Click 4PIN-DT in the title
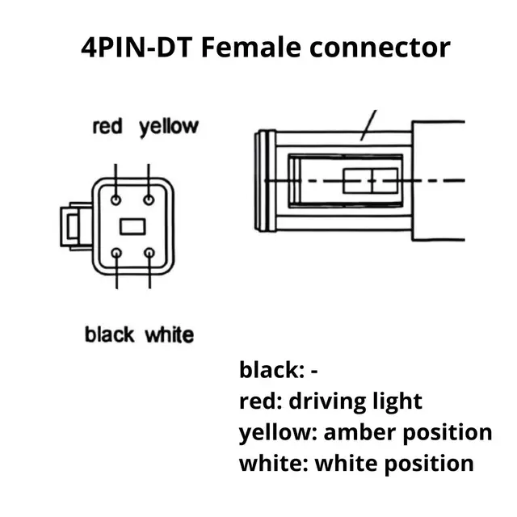pyautogui.click(x=136, y=47)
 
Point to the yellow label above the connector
pyautogui.click(x=168, y=127)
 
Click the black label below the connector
pyautogui.click(x=110, y=334)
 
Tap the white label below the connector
pyautogui.click(x=169, y=334)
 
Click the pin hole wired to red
pyautogui.click(x=118, y=199)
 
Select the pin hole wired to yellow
pyautogui.click(x=149, y=199)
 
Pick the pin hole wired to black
pyautogui.click(x=118, y=253)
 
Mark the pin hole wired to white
pyautogui.click(x=149, y=253)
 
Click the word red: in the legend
pyautogui.click(x=258, y=401)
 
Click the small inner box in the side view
pyautogui.click(x=371, y=181)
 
